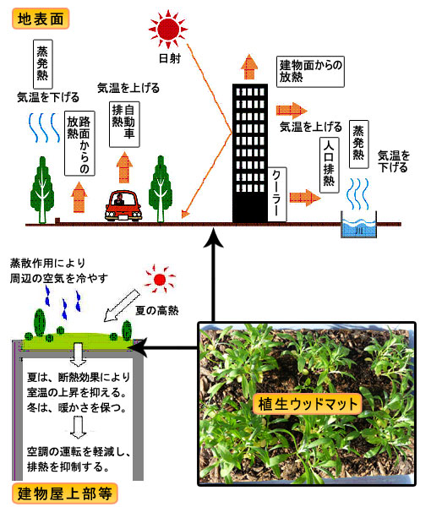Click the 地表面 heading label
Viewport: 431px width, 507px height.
(x=41, y=19)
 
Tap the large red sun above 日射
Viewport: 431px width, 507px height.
(x=168, y=29)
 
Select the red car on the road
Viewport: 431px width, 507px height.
(x=123, y=205)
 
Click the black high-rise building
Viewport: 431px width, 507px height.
(x=250, y=153)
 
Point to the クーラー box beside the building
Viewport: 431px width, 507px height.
(x=277, y=194)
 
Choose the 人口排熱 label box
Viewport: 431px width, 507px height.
(x=329, y=166)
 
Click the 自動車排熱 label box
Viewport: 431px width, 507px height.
(x=124, y=124)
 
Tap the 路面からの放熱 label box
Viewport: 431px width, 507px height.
(x=79, y=144)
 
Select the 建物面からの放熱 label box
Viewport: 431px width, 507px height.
(x=310, y=72)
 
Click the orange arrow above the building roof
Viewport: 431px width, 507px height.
(x=249, y=67)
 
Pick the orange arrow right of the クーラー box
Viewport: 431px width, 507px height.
(x=304, y=198)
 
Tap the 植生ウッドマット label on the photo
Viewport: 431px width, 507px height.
(x=307, y=404)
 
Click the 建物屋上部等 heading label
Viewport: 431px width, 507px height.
(x=64, y=493)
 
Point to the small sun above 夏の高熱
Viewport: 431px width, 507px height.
(x=160, y=280)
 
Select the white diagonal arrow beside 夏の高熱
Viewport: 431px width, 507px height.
(x=122, y=306)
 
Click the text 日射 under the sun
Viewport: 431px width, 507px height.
(x=170, y=58)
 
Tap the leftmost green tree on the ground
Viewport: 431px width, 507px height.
(x=42, y=190)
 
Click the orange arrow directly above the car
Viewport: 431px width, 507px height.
(x=124, y=167)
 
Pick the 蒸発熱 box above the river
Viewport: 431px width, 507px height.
(x=358, y=144)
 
